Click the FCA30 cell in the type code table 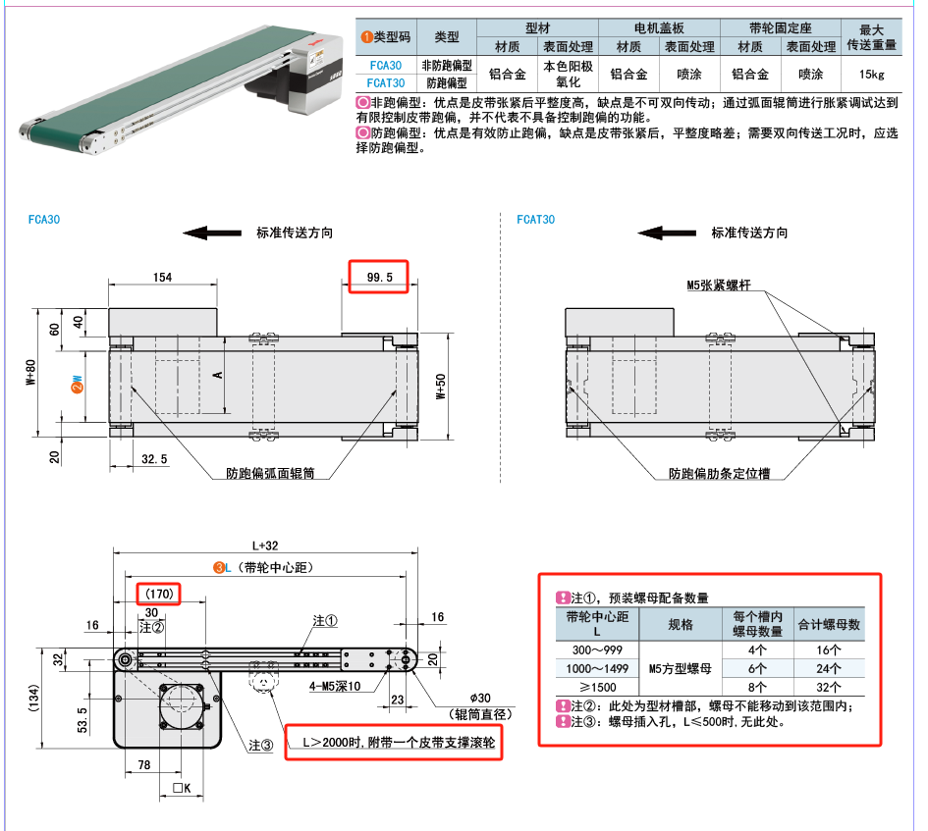(x=385, y=65)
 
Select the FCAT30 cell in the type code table (x=385, y=82)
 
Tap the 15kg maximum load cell (x=871, y=74)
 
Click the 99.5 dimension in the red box (x=379, y=277)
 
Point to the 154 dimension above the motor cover (x=162, y=277)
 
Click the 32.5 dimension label (x=154, y=459)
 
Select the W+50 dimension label (x=441, y=387)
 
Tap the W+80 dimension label (x=30, y=373)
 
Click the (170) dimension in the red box (x=159, y=594)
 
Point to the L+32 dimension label (x=265, y=545)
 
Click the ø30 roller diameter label (x=480, y=698)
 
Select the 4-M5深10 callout (x=335, y=686)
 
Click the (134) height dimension (x=33, y=699)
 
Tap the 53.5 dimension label (x=82, y=720)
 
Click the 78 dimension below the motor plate (x=144, y=764)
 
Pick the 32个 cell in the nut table (x=829, y=688)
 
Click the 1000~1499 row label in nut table (x=597, y=668)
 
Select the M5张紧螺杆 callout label (x=719, y=286)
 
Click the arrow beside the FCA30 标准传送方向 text (x=212, y=233)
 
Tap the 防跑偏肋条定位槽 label (x=719, y=473)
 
